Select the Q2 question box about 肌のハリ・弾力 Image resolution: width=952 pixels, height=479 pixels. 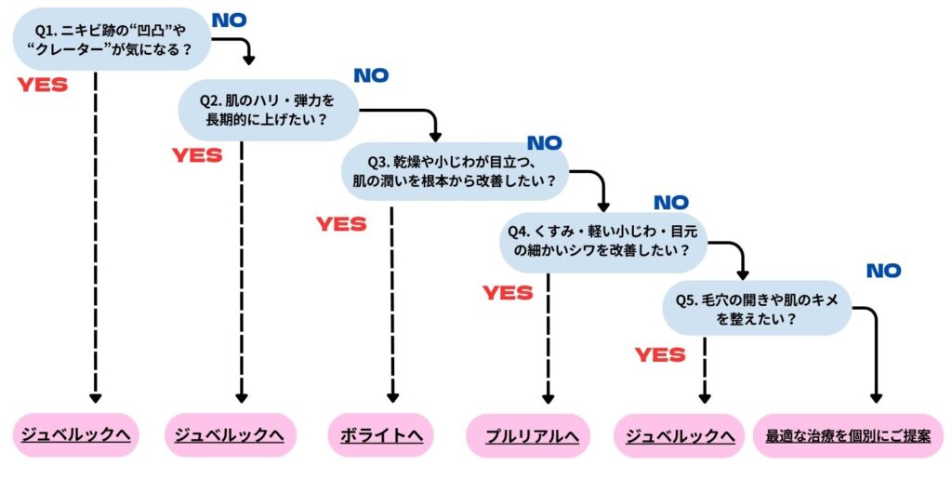(x=268, y=109)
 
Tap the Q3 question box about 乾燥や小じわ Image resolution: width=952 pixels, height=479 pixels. (x=455, y=170)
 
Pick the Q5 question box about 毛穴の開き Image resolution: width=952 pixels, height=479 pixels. (x=757, y=307)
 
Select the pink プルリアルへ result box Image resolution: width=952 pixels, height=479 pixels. (x=527, y=436)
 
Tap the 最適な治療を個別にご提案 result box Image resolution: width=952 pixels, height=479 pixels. (x=847, y=435)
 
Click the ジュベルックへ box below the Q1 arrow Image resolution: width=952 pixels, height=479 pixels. (x=76, y=435)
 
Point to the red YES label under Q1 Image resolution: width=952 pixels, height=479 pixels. (x=43, y=85)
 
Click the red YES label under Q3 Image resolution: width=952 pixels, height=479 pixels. (x=341, y=224)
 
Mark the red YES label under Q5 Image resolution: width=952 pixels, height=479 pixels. (x=660, y=354)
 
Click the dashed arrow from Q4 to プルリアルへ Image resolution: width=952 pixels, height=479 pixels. (x=548, y=335)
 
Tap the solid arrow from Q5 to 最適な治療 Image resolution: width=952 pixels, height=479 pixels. (x=875, y=353)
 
